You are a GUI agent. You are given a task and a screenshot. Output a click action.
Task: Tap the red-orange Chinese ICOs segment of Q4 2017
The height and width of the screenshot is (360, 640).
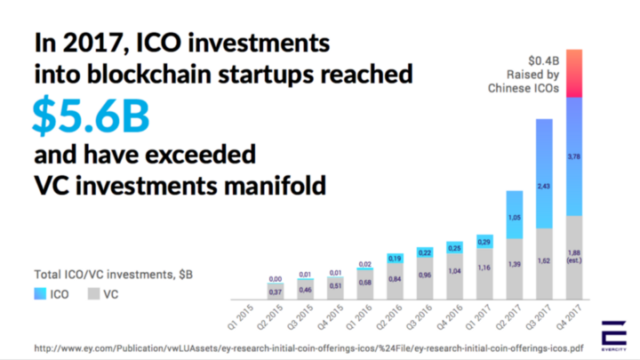(573, 73)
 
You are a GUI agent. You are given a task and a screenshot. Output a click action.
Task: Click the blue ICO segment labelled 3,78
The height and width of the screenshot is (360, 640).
(573, 156)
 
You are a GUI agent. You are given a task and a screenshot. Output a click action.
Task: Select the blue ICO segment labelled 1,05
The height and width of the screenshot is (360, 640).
(515, 214)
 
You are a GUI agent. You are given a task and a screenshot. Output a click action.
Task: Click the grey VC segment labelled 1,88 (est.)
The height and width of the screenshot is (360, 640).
(573, 258)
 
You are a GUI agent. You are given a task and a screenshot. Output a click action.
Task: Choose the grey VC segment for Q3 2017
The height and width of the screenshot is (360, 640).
(544, 264)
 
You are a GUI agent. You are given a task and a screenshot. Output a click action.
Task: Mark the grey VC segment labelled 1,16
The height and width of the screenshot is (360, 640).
(484, 272)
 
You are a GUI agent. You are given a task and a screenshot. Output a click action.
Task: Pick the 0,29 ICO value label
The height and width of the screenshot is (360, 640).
(484, 242)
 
